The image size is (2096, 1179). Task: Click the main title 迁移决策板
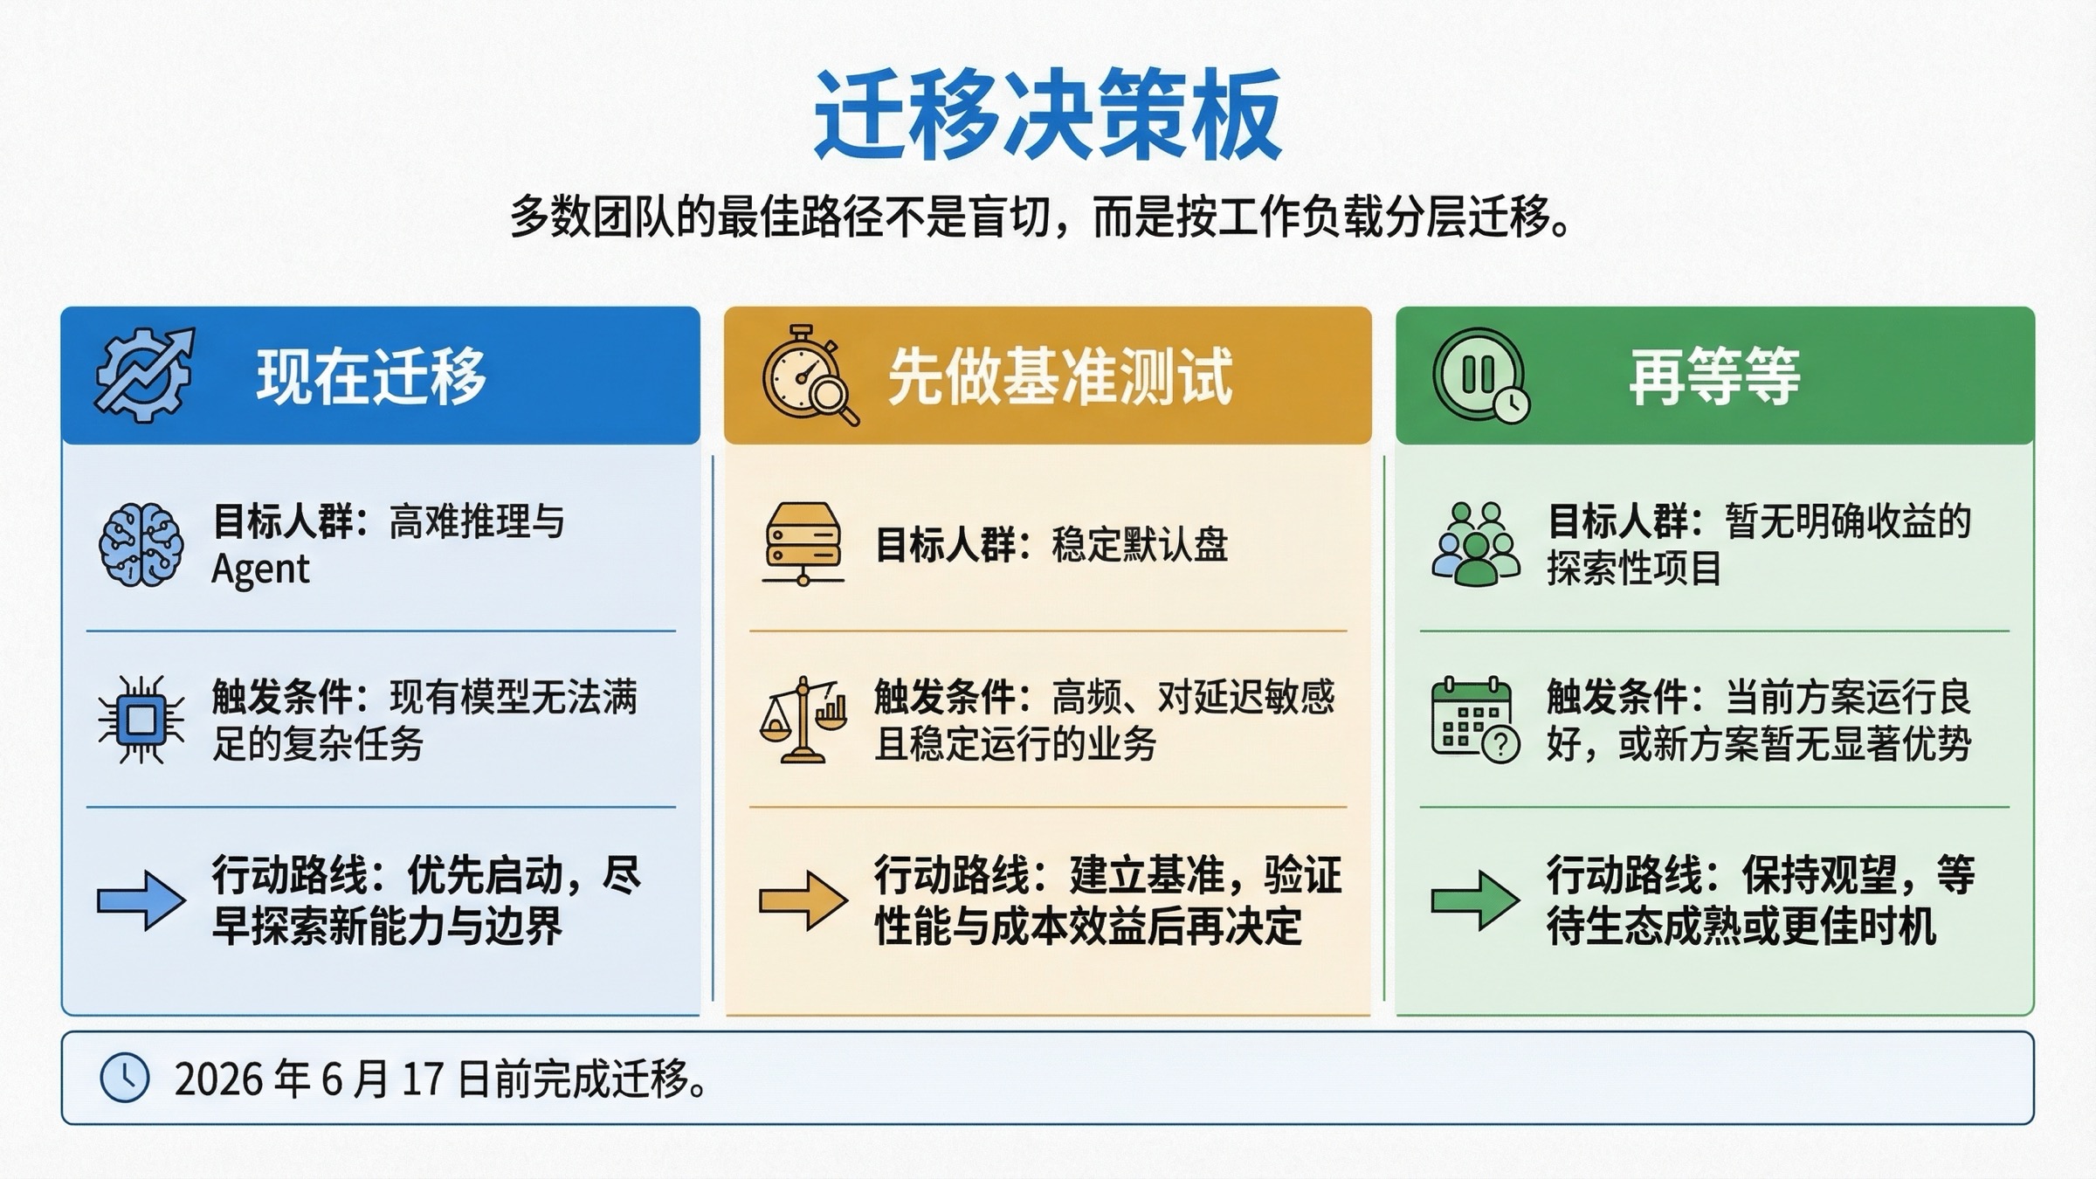point(1047,115)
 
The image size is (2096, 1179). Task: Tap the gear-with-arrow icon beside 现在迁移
point(144,376)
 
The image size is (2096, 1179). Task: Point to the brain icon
point(141,544)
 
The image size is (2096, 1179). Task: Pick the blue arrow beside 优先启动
point(141,900)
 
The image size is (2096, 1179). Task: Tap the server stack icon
point(803,544)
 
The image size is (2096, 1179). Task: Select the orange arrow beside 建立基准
point(803,900)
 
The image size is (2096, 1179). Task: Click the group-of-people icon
point(1475,544)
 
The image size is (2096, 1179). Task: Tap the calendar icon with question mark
point(1475,720)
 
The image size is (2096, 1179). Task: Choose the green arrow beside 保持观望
point(1475,900)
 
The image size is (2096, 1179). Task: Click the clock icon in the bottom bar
point(125,1078)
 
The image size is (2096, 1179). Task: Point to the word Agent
point(260,569)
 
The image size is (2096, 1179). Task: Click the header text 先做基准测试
point(1060,377)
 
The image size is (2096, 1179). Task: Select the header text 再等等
point(1714,377)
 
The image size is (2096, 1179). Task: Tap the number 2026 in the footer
point(217,1079)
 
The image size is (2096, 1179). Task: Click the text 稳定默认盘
point(1140,545)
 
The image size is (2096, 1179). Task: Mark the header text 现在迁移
point(371,377)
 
